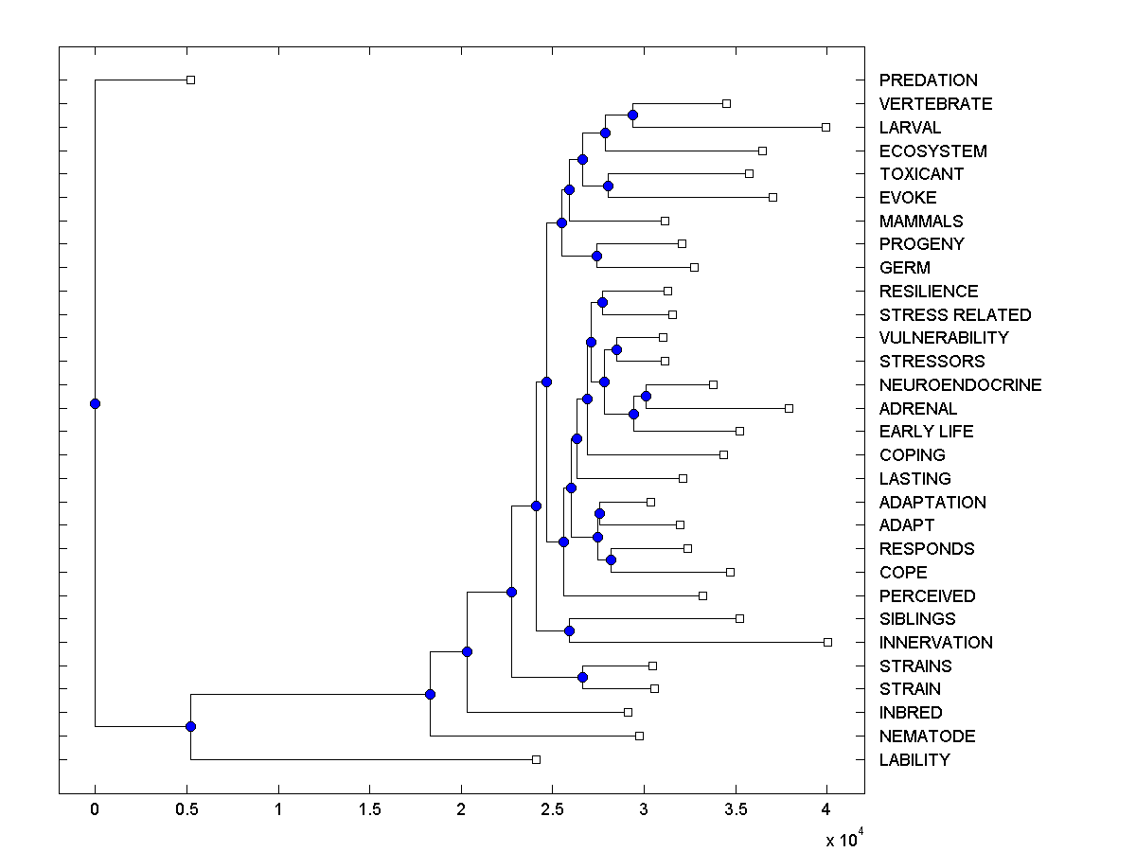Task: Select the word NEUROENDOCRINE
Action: pos(960,384)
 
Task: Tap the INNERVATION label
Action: pos(935,642)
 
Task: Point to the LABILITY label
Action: pos(914,759)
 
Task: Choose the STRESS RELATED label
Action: pos(954,314)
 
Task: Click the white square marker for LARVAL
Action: pos(825,127)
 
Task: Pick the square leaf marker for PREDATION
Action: pos(190,80)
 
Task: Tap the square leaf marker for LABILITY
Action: pos(536,759)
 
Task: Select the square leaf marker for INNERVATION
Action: pos(827,642)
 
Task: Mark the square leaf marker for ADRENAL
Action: pos(789,408)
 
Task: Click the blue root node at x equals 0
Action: pos(95,403)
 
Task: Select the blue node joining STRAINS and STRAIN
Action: pos(582,677)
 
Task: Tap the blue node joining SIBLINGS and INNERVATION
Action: pos(569,630)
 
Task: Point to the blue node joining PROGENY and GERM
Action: pos(596,256)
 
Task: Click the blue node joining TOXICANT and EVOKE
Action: pos(608,186)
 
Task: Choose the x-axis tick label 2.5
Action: pos(552,809)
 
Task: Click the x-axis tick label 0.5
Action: pos(186,809)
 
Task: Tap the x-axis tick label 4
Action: pos(826,809)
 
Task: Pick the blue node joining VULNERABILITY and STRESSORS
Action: pos(616,349)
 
